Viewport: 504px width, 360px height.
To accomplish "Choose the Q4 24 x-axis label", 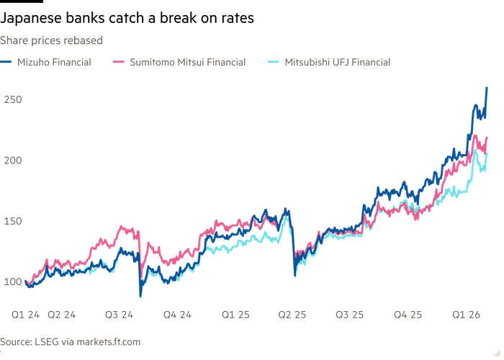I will (x=177, y=315).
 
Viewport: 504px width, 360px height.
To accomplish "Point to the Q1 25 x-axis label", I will (x=236, y=315).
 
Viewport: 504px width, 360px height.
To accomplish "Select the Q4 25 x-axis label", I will (x=408, y=315).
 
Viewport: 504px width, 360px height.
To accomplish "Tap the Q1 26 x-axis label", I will (x=467, y=315).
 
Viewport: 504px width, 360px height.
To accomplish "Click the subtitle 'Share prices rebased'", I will (x=51, y=41).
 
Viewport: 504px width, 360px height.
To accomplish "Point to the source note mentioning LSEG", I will (x=70, y=342).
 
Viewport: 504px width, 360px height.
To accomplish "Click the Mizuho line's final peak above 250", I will (x=487, y=88).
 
